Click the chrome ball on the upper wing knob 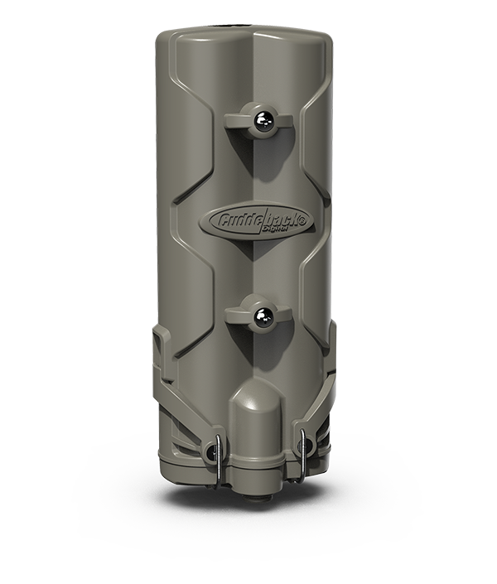click(261, 121)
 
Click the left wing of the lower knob click(239, 314)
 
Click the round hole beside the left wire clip click(209, 452)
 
